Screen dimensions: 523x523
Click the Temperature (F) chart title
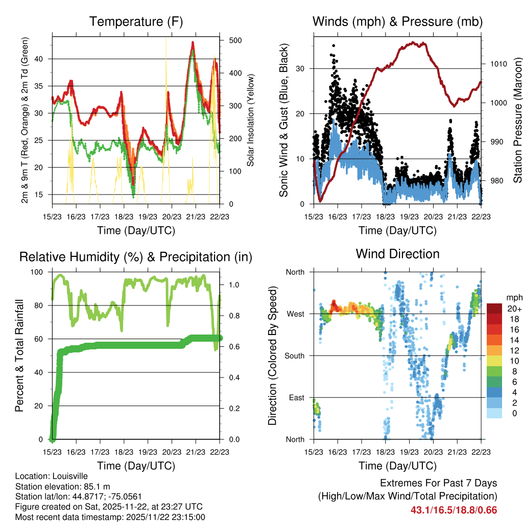click(x=136, y=22)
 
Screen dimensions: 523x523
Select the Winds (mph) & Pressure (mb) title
click(x=397, y=22)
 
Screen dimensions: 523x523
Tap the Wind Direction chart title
click(x=397, y=254)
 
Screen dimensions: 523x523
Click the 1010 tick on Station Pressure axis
click(x=498, y=64)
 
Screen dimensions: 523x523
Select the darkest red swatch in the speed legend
click(x=494, y=308)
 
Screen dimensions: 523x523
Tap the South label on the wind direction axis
click(x=295, y=355)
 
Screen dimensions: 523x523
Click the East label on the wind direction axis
click(x=297, y=397)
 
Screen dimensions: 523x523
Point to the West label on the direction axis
click(x=296, y=314)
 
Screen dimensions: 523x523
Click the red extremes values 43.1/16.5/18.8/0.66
click(x=454, y=510)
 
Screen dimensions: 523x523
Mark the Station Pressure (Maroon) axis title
click(x=517, y=120)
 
